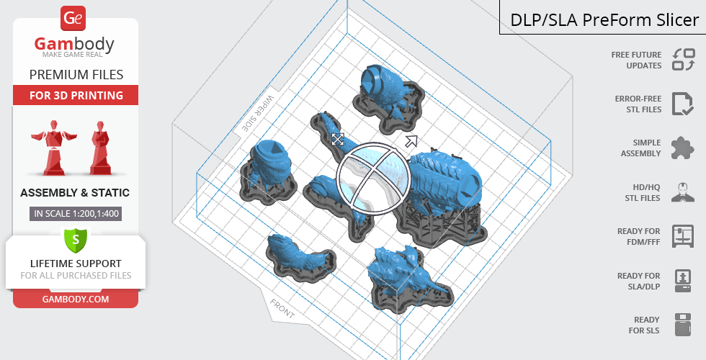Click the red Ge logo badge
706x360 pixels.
tap(73, 18)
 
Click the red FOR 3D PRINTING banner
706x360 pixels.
tap(76, 95)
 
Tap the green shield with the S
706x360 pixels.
tap(75, 240)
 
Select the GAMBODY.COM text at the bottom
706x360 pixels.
tap(76, 300)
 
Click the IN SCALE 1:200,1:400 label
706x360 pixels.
tap(76, 213)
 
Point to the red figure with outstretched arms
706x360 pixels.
tap(54, 147)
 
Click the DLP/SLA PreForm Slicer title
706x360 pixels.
tap(604, 20)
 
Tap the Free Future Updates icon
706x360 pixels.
tap(684, 59)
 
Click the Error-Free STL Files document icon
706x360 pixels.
tap(682, 104)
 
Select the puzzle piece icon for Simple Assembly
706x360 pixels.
tap(683, 148)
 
